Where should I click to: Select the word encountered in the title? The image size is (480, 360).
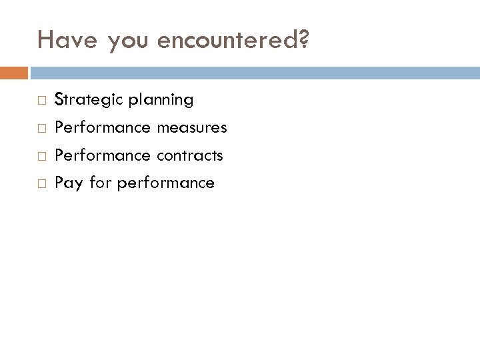227,41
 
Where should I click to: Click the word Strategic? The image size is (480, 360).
84,101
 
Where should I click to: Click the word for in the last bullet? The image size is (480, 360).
100,182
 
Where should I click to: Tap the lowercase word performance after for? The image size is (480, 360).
165,183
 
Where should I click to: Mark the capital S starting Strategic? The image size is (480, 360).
59,101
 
